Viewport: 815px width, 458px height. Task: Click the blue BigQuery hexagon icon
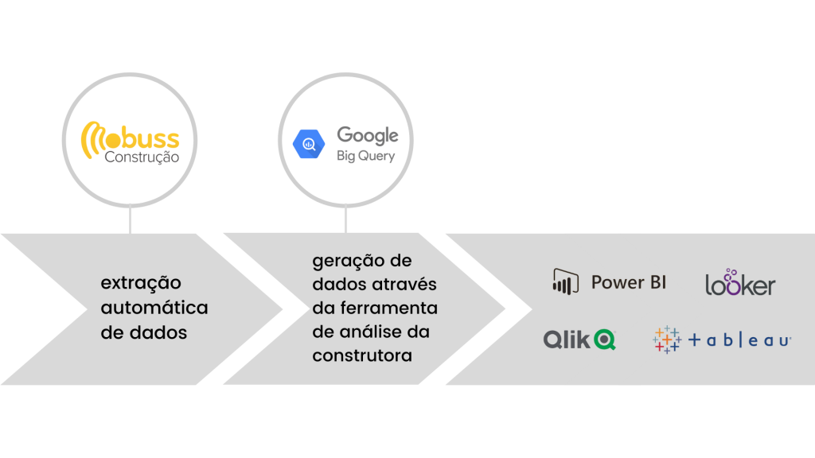309,144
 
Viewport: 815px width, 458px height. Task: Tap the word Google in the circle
368,135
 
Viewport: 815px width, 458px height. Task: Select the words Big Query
366,156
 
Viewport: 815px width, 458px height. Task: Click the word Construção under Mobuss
142,157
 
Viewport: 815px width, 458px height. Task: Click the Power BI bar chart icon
566,282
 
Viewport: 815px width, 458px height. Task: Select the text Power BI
629,282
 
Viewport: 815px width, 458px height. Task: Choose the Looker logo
740,282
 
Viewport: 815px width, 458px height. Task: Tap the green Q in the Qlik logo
605,340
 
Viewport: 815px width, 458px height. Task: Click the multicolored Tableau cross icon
667,340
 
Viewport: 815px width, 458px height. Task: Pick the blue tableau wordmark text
739,340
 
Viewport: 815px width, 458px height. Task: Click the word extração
141,283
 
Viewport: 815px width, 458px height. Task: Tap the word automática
154,308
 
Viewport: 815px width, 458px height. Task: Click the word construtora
362,355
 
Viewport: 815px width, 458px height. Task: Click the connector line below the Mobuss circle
130,219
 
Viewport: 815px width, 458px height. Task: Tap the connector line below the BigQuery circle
345,219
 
